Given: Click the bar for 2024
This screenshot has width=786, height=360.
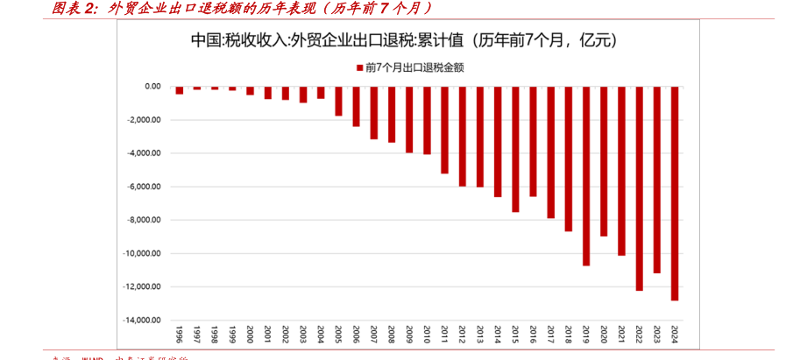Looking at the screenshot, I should (675, 193).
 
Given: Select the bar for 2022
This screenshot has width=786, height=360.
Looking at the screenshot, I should (640, 188).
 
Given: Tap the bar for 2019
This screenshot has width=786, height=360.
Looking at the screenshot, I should (586, 175).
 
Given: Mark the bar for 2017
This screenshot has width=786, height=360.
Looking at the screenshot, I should (551, 152).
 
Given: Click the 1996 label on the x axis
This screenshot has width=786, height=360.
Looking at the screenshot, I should (179, 335).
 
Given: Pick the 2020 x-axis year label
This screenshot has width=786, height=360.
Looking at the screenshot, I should (604, 335).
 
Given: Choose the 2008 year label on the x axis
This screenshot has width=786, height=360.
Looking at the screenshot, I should (392, 335).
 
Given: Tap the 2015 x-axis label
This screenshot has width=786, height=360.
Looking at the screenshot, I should (515, 335).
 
